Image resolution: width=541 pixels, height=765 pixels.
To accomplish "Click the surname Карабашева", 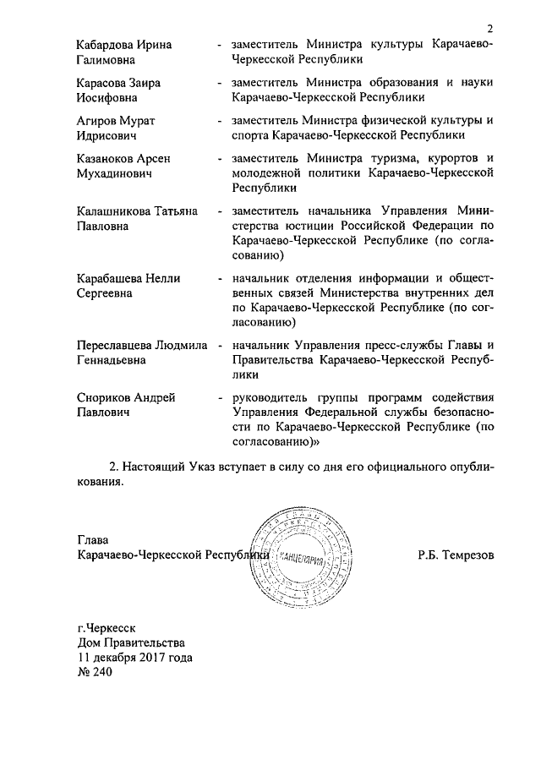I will (x=107, y=277).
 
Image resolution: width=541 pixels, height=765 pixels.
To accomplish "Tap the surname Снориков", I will (x=101, y=396).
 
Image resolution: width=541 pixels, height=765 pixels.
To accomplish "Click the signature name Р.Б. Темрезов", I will (x=455, y=555).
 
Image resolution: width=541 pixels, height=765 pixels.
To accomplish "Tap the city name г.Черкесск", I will (x=106, y=627).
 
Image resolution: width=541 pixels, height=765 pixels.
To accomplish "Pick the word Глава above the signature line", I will (x=93, y=539).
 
